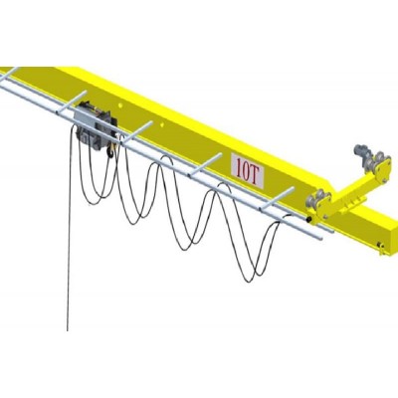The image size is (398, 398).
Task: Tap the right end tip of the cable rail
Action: click(x=324, y=238)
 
